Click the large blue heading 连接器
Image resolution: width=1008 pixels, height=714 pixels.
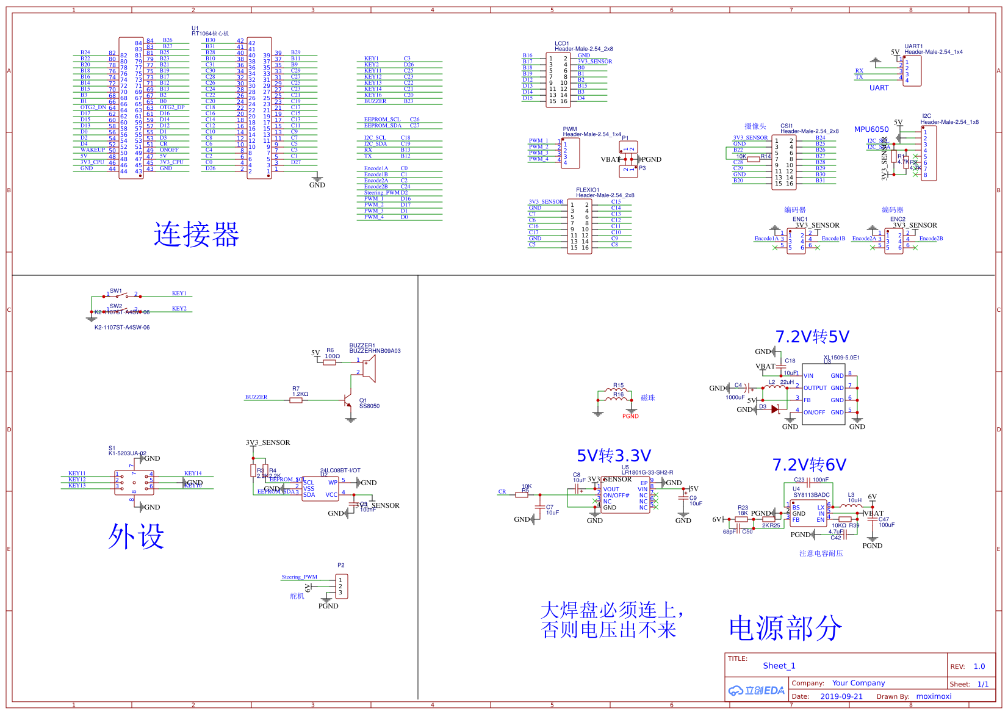pos(196,234)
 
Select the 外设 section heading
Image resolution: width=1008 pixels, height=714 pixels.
pos(136,536)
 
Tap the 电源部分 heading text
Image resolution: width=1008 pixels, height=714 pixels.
pos(785,628)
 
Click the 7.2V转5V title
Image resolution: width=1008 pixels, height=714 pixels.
pos(812,337)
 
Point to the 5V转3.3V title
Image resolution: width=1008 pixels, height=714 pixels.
pos(614,456)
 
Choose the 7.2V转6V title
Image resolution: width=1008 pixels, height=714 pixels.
pos(809,465)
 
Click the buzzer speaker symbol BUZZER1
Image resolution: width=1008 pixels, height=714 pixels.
pos(368,367)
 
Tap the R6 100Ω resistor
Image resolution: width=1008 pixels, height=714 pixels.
pos(329,362)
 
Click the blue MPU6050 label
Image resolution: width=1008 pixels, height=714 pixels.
pos(871,129)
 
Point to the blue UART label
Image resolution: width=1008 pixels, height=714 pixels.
pos(879,88)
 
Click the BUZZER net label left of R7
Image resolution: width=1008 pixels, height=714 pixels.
pos(256,397)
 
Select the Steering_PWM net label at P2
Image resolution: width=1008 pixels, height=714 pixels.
pos(300,577)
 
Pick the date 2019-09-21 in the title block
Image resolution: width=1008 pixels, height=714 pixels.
pos(841,696)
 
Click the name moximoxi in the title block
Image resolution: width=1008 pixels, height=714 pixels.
pos(934,696)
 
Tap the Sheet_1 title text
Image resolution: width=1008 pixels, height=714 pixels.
pos(779,666)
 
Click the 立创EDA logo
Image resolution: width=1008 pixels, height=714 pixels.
pos(757,690)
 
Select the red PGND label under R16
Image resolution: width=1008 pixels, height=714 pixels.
pos(630,416)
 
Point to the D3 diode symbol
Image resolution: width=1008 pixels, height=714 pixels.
pos(775,409)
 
